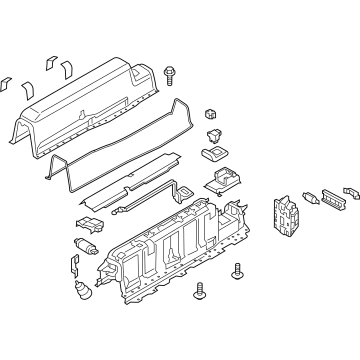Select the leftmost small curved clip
pyautogui.click(x=6, y=85)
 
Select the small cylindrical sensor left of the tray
pyautogui.click(x=86, y=245)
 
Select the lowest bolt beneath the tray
pyautogui.click(x=204, y=318)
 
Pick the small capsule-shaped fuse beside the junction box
pyautogui.click(x=308, y=197)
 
